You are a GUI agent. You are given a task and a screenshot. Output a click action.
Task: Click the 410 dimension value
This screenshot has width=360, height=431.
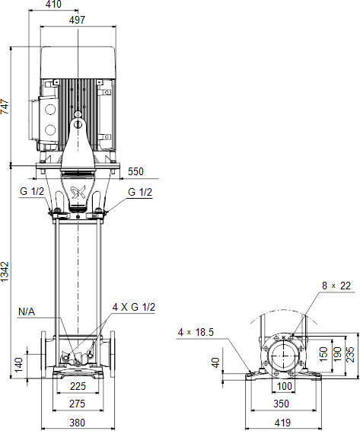pyautogui.click(x=53, y=4)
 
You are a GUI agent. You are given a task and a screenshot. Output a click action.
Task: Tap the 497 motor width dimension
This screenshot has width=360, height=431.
pyautogui.click(x=77, y=20)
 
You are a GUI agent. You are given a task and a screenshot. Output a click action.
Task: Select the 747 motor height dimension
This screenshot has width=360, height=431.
pyautogui.click(x=5, y=107)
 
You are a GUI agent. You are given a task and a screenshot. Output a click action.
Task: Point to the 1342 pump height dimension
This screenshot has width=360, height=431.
pyautogui.click(x=5, y=272)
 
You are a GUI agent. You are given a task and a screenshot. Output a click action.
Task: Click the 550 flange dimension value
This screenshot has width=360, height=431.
pyautogui.click(x=135, y=171)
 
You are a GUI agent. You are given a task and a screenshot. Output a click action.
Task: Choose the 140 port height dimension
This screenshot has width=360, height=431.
pyautogui.click(x=19, y=365)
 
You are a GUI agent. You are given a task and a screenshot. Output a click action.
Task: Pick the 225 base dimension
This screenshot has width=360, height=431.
pyautogui.click(x=78, y=386)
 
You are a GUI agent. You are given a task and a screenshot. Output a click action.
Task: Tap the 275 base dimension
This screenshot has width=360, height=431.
pyautogui.click(x=77, y=404)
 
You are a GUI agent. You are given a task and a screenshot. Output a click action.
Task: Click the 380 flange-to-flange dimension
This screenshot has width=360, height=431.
pyautogui.click(x=77, y=423)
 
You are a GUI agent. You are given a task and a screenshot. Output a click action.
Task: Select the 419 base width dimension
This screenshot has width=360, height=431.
pyautogui.click(x=283, y=423)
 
